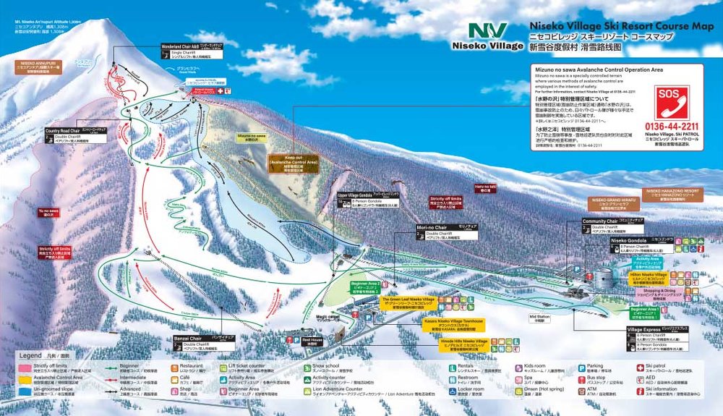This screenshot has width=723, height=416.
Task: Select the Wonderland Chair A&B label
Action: [186, 49]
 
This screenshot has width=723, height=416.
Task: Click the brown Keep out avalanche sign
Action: [293, 163]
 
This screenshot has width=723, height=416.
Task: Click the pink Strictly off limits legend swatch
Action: [25, 368]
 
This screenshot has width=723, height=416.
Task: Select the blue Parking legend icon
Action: [582, 367]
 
